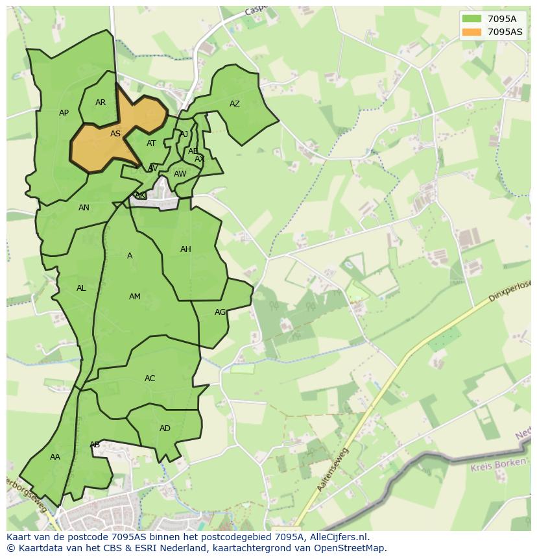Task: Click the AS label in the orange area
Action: (x=115, y=134)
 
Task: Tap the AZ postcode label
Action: (x=235, y=104)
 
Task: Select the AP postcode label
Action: (x=64, y=113)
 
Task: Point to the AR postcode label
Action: (x=101, y=103)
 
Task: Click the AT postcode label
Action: (x=151, y=144)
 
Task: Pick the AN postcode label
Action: (x=84, y=208)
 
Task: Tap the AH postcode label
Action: (x=185, y=249)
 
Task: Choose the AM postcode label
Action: (x=135, y=297)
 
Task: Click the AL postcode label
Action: (x=81, y=288)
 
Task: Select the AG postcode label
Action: (x=221, y=312)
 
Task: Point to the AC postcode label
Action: (x=150, y=379)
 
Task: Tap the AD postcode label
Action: (x=165, y=429)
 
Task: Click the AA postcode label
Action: (x=55, y=457)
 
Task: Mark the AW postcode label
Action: (x=180, y=174)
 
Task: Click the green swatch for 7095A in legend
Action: (x=471, y=19)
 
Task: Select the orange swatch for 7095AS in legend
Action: (x=471, y=32)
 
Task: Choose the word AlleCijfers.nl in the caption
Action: (x=337, y=537)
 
